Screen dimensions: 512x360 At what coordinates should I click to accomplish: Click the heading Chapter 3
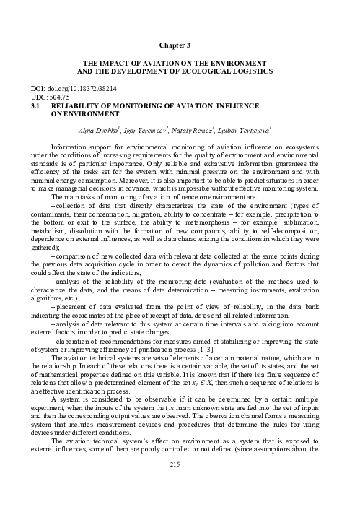pyautogui.click(x=180, y=45)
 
